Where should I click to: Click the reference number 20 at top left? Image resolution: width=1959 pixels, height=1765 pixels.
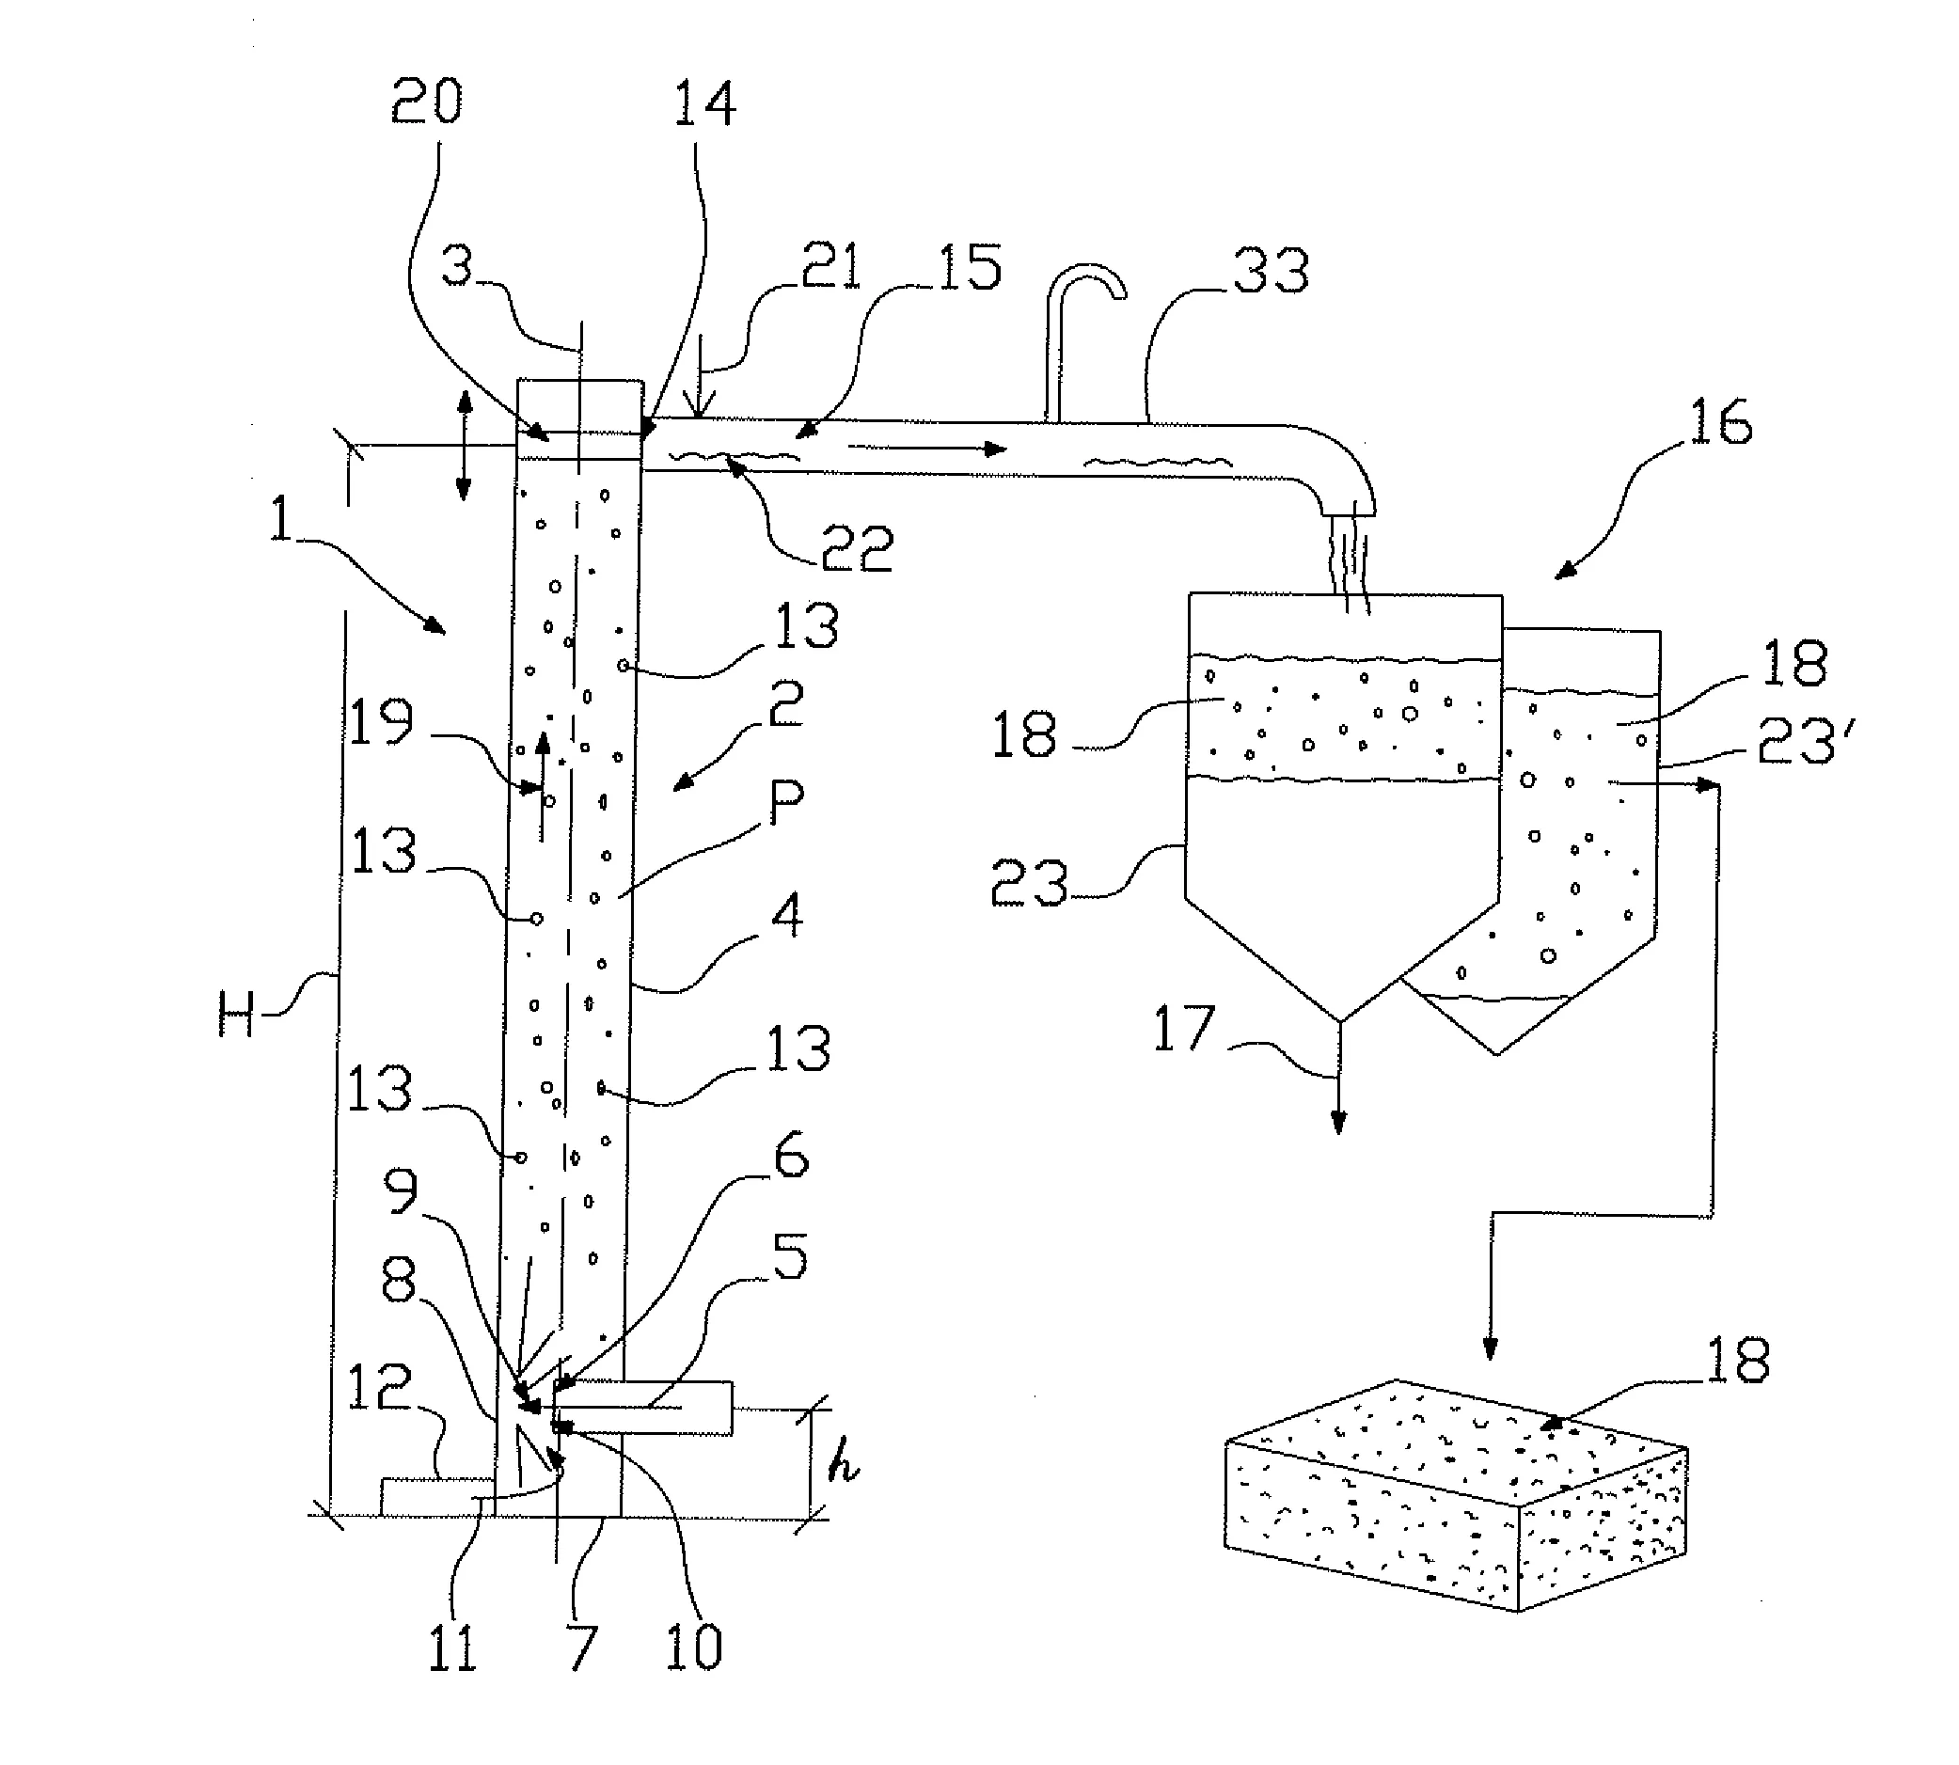427,102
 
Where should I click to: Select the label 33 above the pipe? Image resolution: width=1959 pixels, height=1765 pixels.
1271,272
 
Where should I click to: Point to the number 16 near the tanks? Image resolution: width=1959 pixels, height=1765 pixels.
1720,423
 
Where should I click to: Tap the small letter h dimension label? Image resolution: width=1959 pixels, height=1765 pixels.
843,1467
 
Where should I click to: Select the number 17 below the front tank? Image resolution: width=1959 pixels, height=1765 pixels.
1183,1030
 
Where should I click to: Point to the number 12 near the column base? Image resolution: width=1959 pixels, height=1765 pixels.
379,1389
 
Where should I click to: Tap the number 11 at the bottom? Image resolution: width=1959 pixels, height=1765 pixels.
453,1647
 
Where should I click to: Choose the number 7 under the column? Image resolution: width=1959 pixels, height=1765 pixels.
582,1647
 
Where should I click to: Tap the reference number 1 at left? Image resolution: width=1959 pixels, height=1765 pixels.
279,519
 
